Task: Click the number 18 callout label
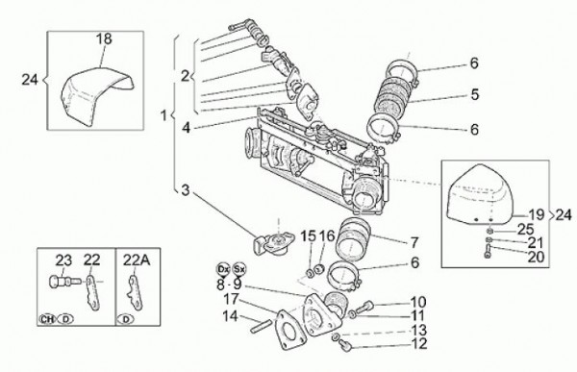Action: coord(103,38)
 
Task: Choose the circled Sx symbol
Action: coord(240,268)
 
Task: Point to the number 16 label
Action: coord(327,236)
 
